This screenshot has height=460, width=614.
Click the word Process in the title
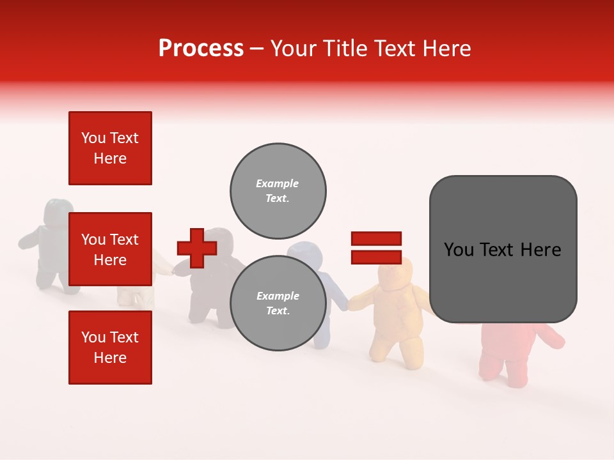pyautogui.click(x=201, y=49)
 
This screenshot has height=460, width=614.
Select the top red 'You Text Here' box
pyautogui.click(x=110, y=148)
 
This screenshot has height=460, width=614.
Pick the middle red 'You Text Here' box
pyautogui.click(x=110, y=249)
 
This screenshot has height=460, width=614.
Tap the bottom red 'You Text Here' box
pyautogui.click(x=110, y=348)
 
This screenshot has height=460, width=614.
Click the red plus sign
pyautogui.click(x=197, y=248)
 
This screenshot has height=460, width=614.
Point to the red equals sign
pyautogui.click(x=376, y=248)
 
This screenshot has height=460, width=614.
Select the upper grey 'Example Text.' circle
pyautogui.click(x=278, y=191)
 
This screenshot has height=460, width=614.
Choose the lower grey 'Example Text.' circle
pyautogui.click(x=278, y=303)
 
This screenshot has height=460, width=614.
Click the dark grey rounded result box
pyautogui.click(x=503, y=249)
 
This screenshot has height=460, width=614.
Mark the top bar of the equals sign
pyautogui.click(x=376, y=238)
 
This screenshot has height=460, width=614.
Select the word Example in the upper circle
pyautogui.click(x=277, y=183)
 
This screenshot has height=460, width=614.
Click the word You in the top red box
pyautogui.click(x=93, y=138)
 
